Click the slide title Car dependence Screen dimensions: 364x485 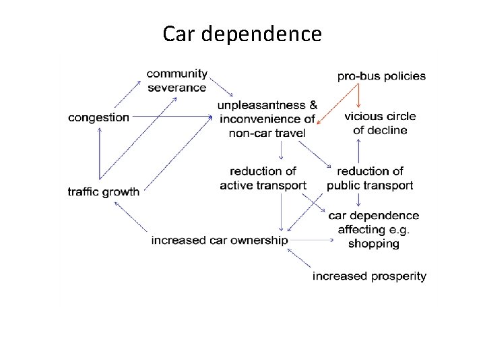242,33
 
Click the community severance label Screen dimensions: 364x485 176,80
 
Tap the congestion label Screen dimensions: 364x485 98,117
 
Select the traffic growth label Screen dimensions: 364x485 103,191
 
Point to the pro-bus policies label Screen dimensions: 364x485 381,75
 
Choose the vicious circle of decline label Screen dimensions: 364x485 380,123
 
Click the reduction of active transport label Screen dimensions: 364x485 263,179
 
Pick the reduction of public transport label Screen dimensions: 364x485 370,179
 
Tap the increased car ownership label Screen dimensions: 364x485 220,240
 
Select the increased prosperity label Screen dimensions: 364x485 369,276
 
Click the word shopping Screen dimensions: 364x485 373,243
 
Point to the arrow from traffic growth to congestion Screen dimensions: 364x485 100,155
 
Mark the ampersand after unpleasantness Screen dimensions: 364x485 313,106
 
